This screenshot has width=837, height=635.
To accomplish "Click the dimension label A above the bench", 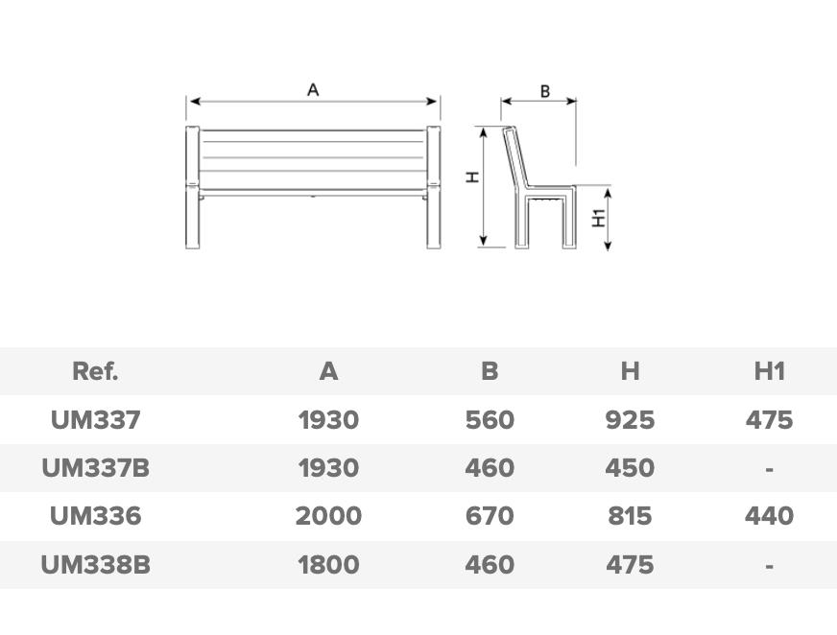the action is click(313, 89).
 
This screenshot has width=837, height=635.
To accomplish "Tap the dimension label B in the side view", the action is click(544, 91).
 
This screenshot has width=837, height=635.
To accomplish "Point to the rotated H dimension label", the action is click(472, 177).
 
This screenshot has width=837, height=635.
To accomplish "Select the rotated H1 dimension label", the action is click(600, 217).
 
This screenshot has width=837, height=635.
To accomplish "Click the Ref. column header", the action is click(95, 371).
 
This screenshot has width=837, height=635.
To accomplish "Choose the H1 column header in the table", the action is click(769, 371).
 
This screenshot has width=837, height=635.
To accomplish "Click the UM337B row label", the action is click(96, 468).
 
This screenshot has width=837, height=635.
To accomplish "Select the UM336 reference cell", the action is click(96, 516).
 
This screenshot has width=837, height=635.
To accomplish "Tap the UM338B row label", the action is click(96, 565).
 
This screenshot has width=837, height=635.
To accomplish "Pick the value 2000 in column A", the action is click(328, 516).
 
